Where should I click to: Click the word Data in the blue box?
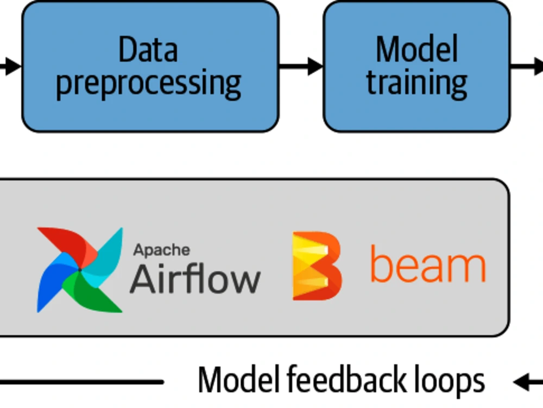[148, 50]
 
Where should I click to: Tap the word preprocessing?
[149, 83]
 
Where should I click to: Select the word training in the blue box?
[416, 83]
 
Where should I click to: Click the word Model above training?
[416, 50]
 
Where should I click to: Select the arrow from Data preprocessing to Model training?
[301, 66]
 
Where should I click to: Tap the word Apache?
[162, 250]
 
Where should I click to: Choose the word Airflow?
[195, 279]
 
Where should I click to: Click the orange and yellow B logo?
[317, 266]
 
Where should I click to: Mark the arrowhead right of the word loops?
[522, 382]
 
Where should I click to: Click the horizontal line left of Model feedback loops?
[81, 382]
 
